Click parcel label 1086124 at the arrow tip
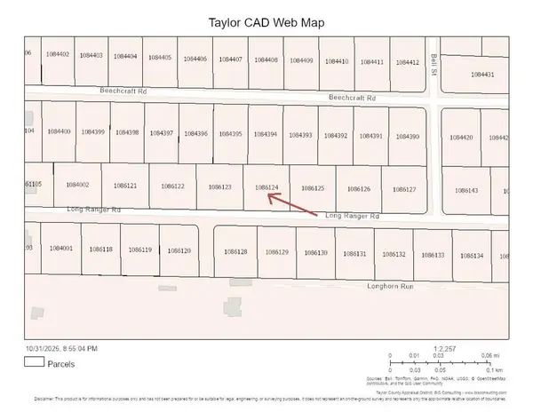tap(266, 187)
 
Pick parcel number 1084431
tap(482, 75)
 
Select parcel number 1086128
tap(235, 252)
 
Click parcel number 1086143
tap(465, 190)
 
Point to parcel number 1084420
tap(461, 138)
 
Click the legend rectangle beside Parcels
tap(35, 362)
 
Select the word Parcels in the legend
tap(61, 362)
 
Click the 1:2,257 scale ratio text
tap(444, 347)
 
